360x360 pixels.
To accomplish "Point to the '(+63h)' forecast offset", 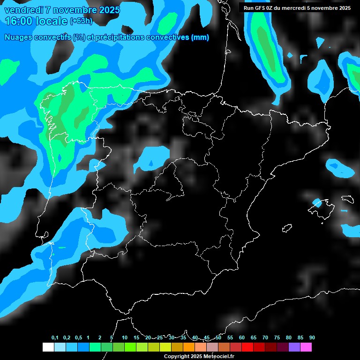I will [x=81, y=21].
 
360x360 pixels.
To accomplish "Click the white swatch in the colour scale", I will [x=48, y=347].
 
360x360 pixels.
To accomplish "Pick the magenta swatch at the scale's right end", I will [x=306, y=347].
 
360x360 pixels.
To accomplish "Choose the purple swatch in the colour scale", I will [x=294, y=347].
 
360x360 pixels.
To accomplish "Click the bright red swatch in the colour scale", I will [x=247, y=347].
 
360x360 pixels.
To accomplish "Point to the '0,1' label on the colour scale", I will [x=55, y=338].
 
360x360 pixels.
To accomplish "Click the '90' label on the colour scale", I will [x=312, y=338].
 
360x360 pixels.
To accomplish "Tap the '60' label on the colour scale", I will [x=242, y=338].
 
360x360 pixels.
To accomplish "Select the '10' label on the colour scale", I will [x=125, y=338].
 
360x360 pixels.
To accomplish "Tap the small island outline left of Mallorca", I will [x=287, y=228].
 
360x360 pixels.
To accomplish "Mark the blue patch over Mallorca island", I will [x=317, y=203].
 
